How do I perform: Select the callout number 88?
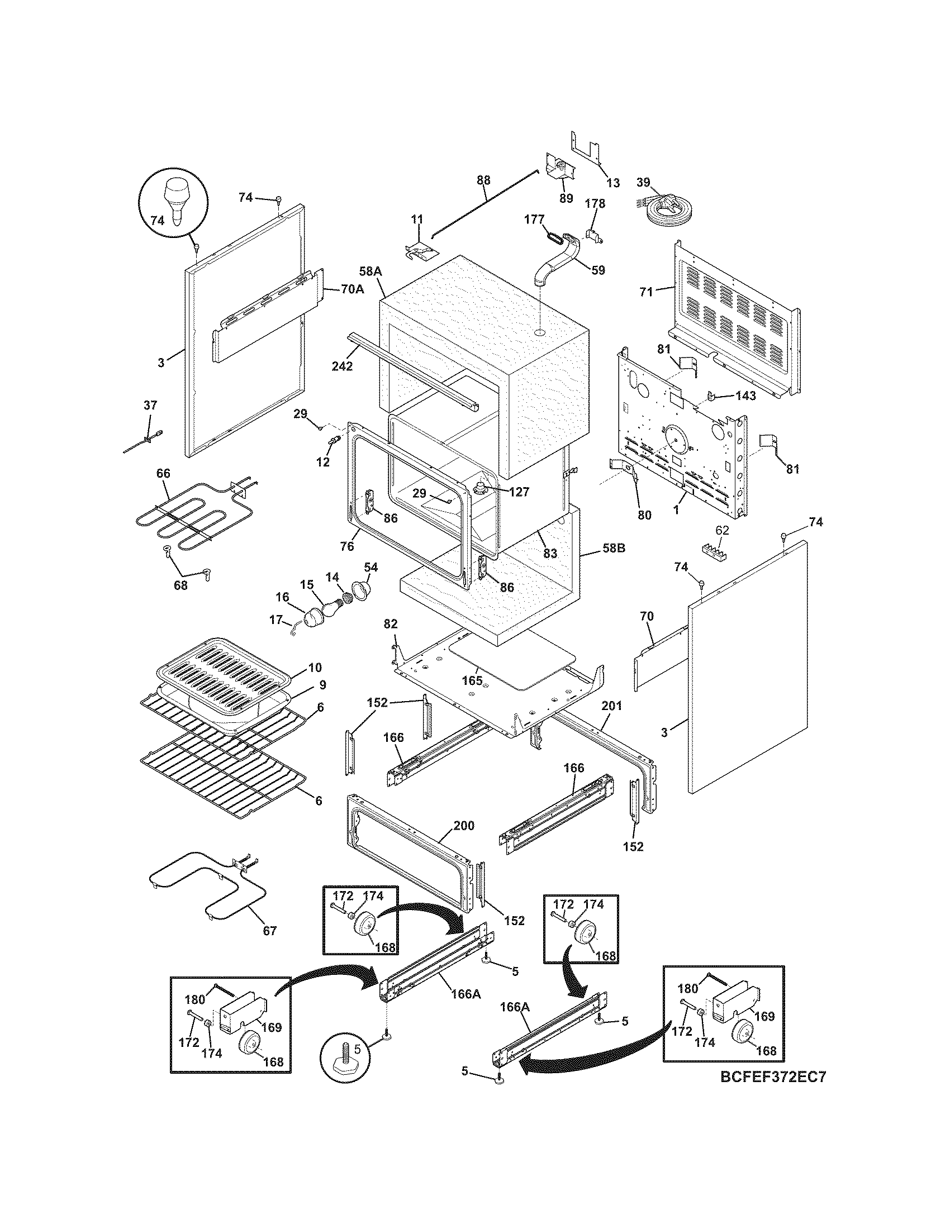click(483, 180)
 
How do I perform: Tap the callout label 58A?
click(370, 271)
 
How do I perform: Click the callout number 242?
click(342, 366)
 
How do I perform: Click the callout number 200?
click(463, 826)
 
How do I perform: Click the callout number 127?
click(519, 492)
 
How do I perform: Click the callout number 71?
click(645, 292)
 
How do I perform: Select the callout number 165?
click(473, 680)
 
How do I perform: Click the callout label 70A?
click(352, 289)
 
